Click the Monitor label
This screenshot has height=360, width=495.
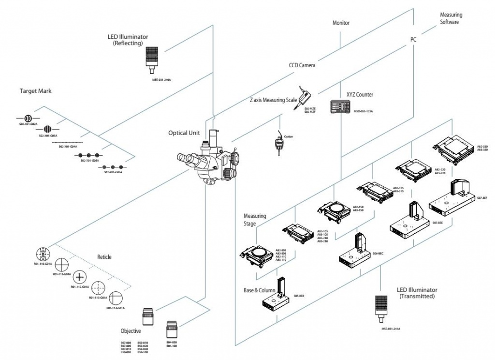[x=341, y=23]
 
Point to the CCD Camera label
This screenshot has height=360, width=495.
[x=302, y=65]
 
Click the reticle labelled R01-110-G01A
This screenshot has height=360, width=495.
[x=44, y=255]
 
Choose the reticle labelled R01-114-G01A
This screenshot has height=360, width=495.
[x=116, y=298]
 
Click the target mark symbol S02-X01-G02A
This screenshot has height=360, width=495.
[x=28, y=118]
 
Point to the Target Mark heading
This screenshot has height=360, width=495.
[x=35, y=90]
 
